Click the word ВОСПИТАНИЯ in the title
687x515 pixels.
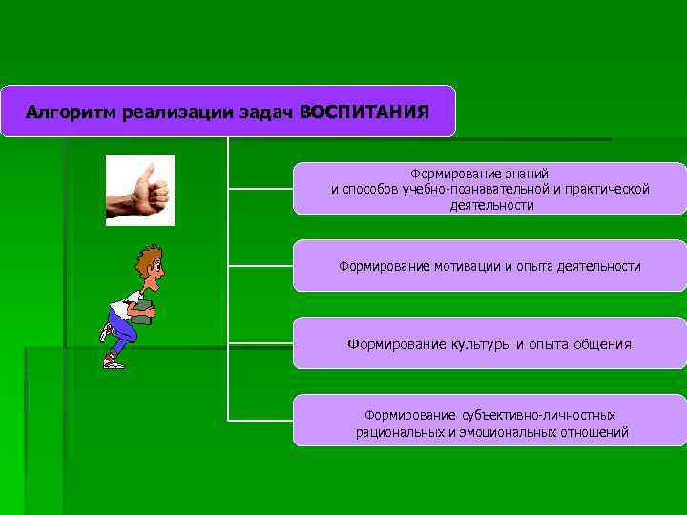364,113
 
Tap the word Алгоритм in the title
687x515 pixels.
64,113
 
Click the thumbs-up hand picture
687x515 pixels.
140,190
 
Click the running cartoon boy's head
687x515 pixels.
149,262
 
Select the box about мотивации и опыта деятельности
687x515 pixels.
489,266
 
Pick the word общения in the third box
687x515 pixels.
602,344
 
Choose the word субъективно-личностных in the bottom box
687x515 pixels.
538,416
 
